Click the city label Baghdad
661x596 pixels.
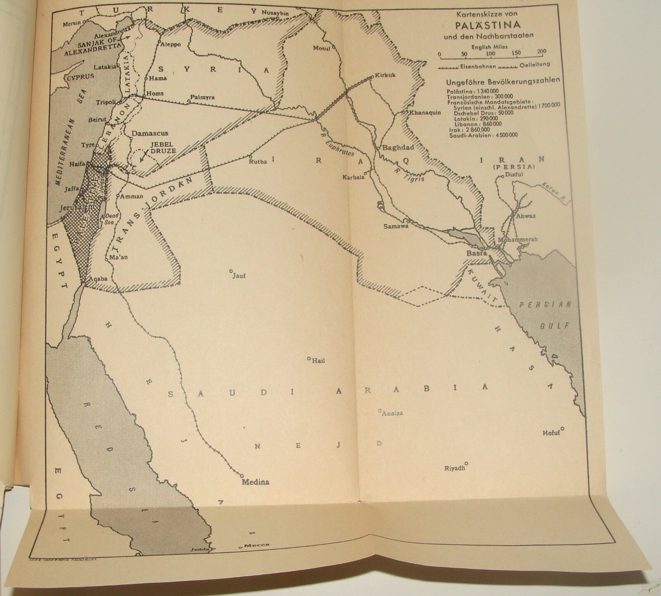point(395,148)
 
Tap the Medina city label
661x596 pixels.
point(255,482)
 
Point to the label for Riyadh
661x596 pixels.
point(454,469)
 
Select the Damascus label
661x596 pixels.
point(150,134)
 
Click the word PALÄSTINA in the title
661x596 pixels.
point(488,24)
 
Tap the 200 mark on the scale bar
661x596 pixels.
point(541,52)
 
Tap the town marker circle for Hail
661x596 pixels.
point(309,358)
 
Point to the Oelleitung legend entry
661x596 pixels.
point(535,64)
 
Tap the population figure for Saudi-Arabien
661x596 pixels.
point(501,135)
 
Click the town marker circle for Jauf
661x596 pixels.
point(231,271)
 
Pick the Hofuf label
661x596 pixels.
point(551,433)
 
